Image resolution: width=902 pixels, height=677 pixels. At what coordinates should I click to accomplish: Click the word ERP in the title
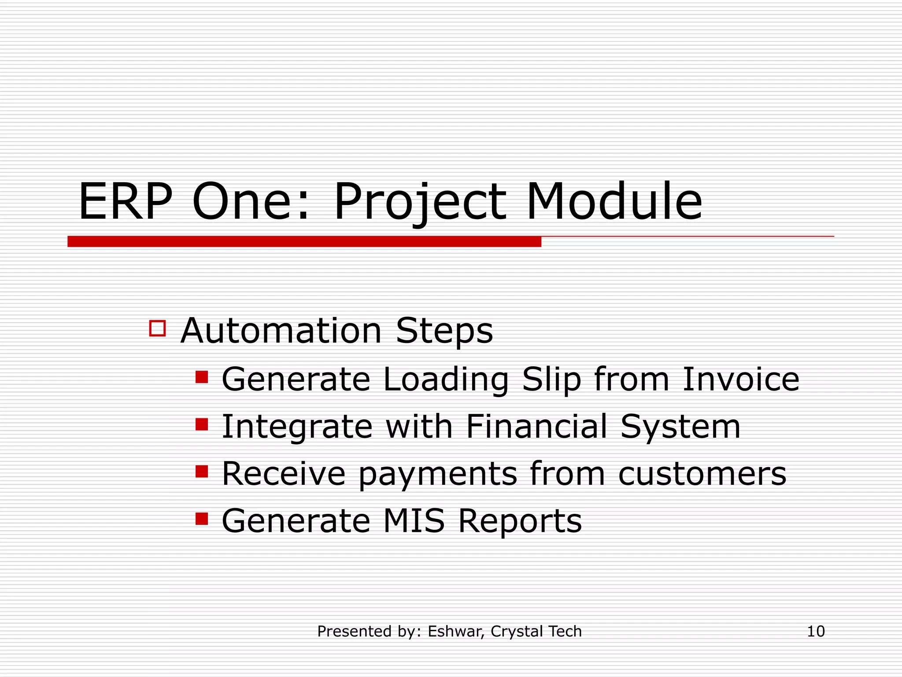coord(125,202)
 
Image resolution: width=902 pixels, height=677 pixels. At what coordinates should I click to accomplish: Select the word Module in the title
coord(614,202)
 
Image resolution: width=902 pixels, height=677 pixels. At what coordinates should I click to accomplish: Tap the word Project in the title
coord(420,203)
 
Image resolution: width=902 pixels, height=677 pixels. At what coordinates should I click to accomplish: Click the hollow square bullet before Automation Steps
coord(157,328)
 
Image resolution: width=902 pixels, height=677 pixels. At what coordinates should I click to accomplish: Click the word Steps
coord(444,331)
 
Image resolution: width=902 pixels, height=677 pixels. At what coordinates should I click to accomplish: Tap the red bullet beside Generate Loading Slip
coord(202,377)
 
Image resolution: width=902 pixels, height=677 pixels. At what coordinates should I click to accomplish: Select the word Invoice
coord(740,379)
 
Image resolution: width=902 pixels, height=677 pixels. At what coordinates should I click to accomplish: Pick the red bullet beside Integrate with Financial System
coord(202,424)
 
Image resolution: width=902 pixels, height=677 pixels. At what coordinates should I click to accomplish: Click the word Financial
coord(536,426)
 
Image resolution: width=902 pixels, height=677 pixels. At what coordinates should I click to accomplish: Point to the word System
coord(680,427)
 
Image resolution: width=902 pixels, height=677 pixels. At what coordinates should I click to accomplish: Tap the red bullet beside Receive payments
coord(202,471)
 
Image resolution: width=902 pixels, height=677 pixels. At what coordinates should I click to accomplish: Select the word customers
coord(702,474)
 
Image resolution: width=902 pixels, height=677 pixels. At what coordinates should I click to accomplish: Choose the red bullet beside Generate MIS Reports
coord(202,518)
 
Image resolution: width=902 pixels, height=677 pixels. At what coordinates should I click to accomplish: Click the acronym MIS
coord(414,521)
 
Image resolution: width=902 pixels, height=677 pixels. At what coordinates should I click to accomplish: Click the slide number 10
coord(816,631)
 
